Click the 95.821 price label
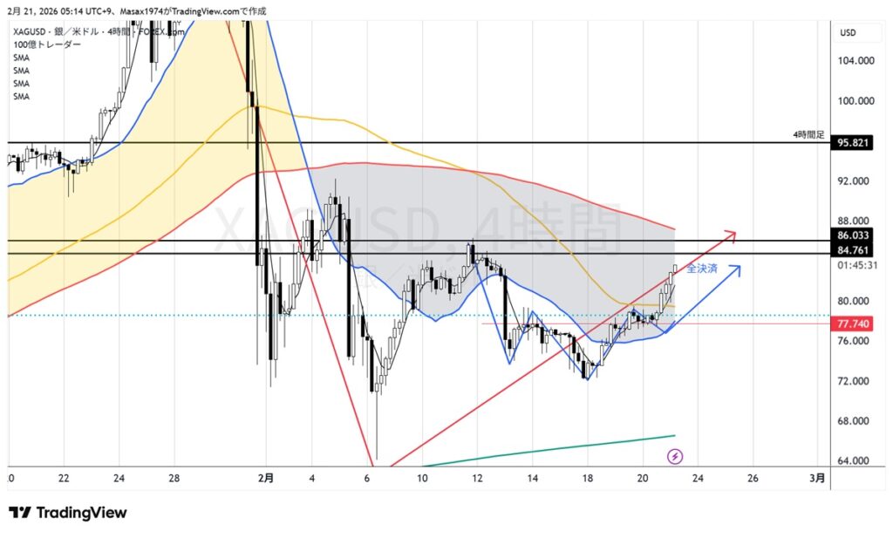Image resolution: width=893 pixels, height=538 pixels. [x=851, y=142]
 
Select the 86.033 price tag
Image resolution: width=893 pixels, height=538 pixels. [x=851, y=235]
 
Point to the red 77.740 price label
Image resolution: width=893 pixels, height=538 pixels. [x=851, y=323]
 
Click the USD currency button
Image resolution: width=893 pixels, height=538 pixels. [x=848, y=33]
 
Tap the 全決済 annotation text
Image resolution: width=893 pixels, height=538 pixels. [x=702, y=269]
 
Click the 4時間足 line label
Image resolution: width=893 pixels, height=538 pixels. [x=808, y=135]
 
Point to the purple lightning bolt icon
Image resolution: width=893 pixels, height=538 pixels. [x=675, y=456]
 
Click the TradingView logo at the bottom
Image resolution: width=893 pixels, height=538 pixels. [x=67, y=513]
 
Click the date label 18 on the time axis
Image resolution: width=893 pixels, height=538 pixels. [x=588, y=478]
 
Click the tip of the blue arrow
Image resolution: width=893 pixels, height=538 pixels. [x=740, y=267]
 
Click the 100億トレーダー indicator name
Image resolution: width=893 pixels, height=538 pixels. [x=48, y=44]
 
